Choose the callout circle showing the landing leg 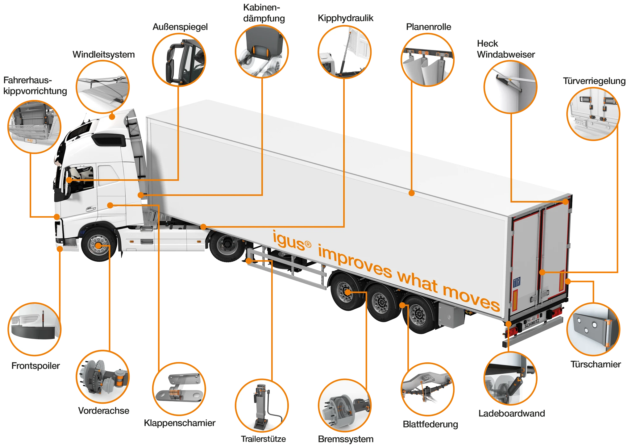point(262,406)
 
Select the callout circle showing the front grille point(34,127)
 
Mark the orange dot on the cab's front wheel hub point(98,246)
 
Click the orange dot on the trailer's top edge point(411,193)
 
